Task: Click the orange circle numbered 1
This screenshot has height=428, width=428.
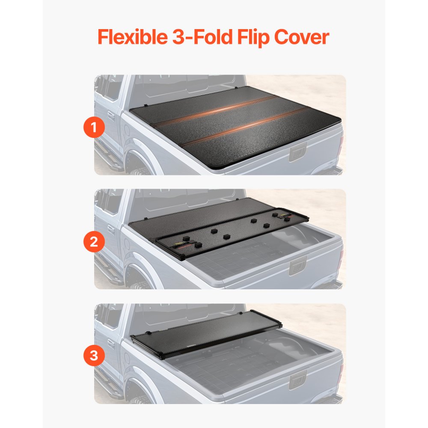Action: tap(94, 128)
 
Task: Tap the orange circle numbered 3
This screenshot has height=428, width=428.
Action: tap(94, 356)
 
